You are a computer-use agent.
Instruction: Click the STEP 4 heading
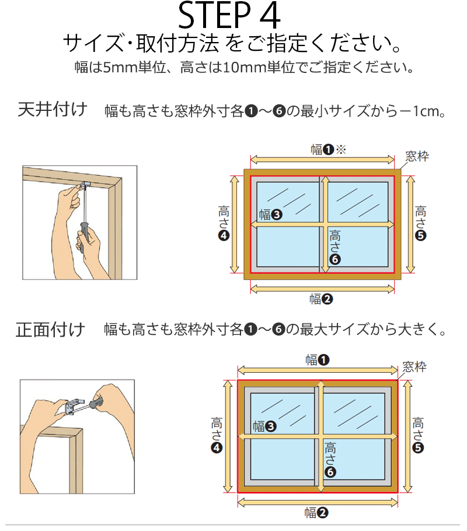[x=229, y=16]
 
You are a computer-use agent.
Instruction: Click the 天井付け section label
[x=53, y=109]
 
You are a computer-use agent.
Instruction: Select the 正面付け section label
[x=51, y=330]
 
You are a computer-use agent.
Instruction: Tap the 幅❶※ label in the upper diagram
[x=329, y=149]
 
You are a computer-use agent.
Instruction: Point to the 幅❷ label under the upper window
[x=321, y=299]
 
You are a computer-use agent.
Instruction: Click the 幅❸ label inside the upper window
[x=270, y=214]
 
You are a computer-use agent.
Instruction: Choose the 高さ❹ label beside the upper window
[x=224, y=223]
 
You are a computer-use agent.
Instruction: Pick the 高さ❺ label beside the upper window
[x=420, y=223]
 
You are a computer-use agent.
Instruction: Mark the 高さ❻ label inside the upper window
[x=335, y=247]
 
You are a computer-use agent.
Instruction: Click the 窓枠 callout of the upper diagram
[x=417, y=156]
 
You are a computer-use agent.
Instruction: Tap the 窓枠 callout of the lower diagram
[x=414, y=367]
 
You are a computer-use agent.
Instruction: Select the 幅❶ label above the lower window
[x=317, y=359]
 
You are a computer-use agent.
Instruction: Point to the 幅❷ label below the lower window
[x=316, y=513]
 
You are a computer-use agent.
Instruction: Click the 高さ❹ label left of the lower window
[x=217, y=435]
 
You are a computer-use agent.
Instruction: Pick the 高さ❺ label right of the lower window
[x=418, y=435]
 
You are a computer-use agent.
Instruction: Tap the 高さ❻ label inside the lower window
[x=330, y=460]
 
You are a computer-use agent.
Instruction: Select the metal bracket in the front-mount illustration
[x=75, y=406]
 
